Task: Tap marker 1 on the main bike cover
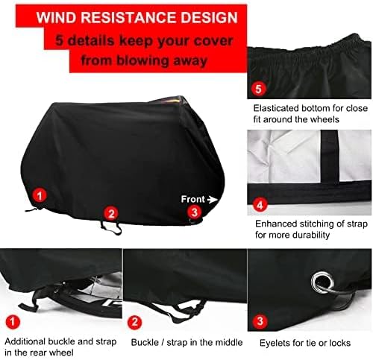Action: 40,195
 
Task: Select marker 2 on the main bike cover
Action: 110,213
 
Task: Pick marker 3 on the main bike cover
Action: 194,212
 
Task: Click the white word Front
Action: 192,199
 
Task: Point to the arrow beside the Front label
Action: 213,199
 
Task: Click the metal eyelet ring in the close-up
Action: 318,282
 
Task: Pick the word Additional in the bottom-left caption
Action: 28,341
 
